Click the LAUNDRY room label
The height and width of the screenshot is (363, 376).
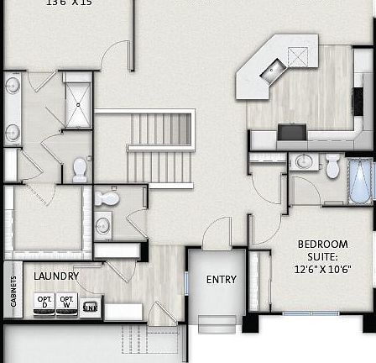click(x=56, y=276)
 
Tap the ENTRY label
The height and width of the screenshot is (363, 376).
click(x=222, y=279)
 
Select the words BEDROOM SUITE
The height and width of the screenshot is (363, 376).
click(x=322, y=250)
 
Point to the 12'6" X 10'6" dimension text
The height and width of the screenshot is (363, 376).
click(x=322, y=270)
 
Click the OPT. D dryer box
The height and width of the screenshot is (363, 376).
click(x=44, y=302)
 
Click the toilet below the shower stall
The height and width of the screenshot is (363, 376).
click(x=80, y=169)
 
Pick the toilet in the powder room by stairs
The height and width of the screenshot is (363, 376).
click(x=106, y=198)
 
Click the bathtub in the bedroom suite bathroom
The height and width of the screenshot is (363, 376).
click(x=360, y=181)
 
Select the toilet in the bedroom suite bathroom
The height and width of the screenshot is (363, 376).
click(x=332, y=166)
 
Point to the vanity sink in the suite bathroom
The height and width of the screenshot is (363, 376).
click(x=304, y=161)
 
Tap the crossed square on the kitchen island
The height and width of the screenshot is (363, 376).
click(x=298, y=56)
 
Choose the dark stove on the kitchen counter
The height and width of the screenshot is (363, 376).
click(x=291, y=132)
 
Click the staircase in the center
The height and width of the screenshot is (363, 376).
click(x=159, y=147)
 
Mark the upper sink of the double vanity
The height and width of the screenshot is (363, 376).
click(x=13, y=86)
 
